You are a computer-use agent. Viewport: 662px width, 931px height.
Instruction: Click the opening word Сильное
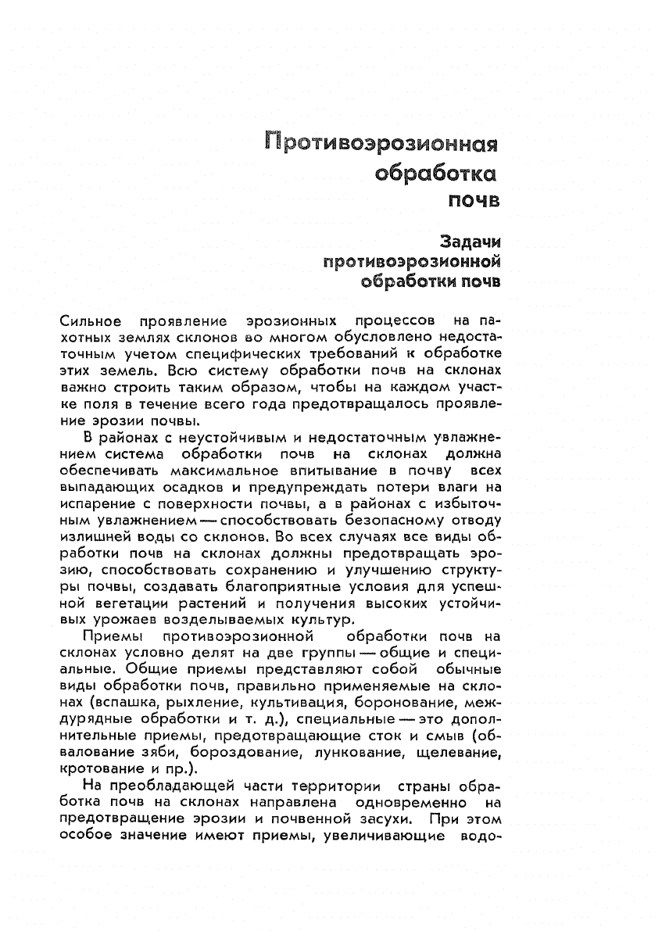(90, 320)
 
